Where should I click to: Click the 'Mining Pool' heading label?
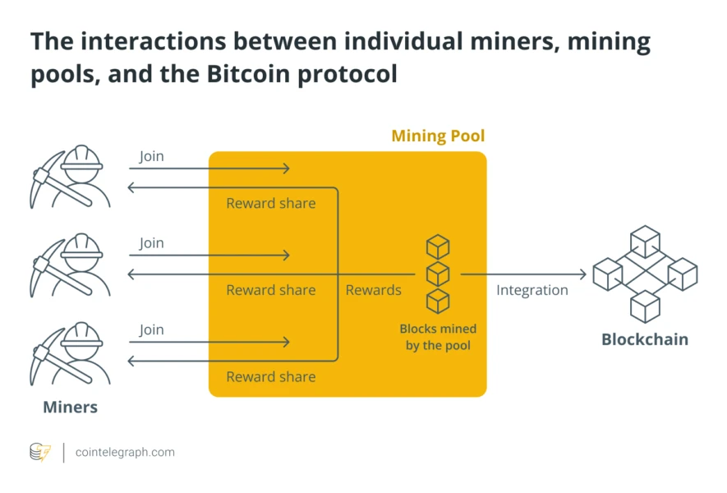[438, 136]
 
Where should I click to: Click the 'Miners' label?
[71, 407]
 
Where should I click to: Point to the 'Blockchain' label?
[645, 339]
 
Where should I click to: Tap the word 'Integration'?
[531, 290]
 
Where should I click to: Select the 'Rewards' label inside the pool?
[373, 290]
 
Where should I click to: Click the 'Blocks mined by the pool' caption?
[438, 337]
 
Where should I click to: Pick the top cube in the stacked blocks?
[438, 246]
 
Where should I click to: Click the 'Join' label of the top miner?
[151, 156]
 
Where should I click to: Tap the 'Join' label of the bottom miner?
[151, 329]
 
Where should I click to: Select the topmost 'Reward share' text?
[271, 203]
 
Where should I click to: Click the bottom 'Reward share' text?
[271, 376]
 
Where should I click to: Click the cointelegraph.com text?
[125, 452]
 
